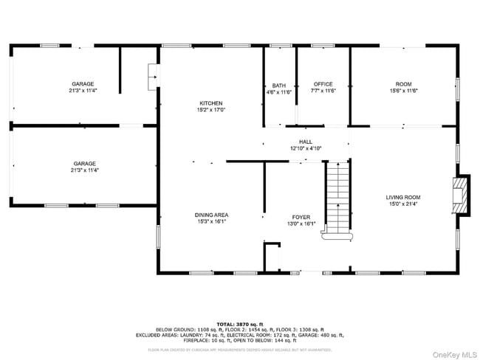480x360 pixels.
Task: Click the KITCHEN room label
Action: pyautogui.click(x=210, y=103)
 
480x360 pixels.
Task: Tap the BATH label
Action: pyautogui.click(x=278, y=85)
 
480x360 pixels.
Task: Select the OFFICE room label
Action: pyautogui.click(x=323, y=85)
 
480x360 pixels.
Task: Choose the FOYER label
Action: pyautogui.click(x=301, y=217)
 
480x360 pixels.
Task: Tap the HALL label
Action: pyautogui.click(x=306, y=142)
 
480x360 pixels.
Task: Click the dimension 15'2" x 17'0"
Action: pyautogui.click(x=210, y=110)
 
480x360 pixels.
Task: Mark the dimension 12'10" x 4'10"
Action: pyautogui.click(x=306, y=148)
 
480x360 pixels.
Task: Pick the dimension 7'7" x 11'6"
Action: pyautogui.click(x=323, y=91)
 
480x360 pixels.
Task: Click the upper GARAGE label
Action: pyautogui.click(x=83, y=84)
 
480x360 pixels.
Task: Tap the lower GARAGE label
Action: pyautogui.click(x=84, y=163)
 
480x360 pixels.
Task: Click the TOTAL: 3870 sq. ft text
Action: pyautogui.click(x=240, y=324)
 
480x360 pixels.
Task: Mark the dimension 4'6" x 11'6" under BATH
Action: pyautogui.click(x=278, y=91)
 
